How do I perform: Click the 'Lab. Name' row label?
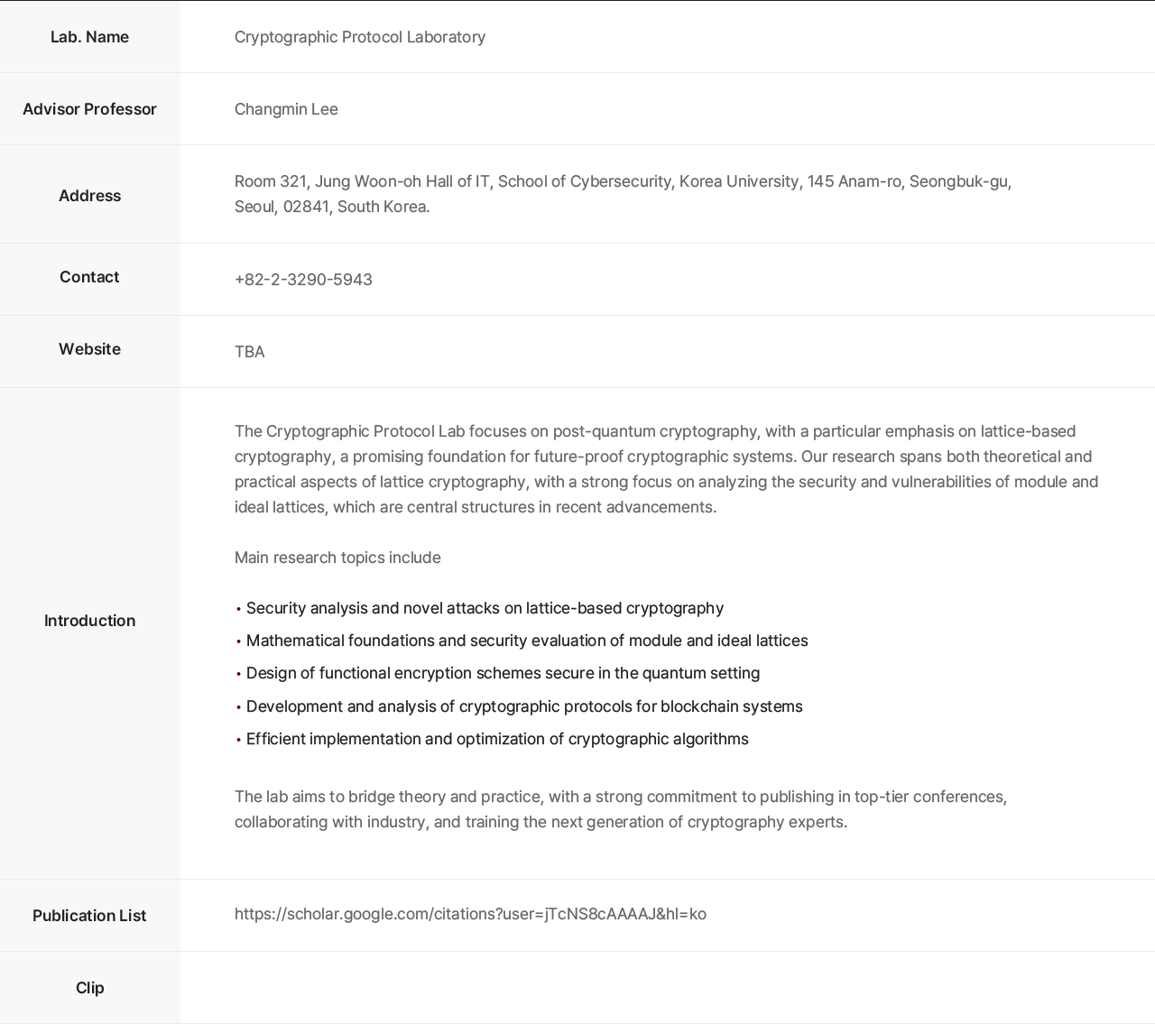pyautogui.click(x=89, y=37)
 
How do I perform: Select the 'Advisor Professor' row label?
pyautogui.click(x=89, y=109)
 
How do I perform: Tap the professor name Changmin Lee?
pyautogui.click(x=286, y=109)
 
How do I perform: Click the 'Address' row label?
pyautogui.click(x=89, y=196)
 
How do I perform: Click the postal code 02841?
pyautogui.click(x=305, y=207)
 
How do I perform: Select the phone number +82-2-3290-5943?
pyautogui.click(x=303, y=280)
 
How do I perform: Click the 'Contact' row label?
pyautogui.click(x=89, y=277)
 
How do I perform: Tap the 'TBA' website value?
pyautogui.click(x=249, y=352)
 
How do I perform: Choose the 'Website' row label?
pyautogui.click(x=89, y=349)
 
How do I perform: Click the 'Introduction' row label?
pyautogui.click(x=89, y=621)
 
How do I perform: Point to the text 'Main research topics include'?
pyautogui.click(x=337, y=558)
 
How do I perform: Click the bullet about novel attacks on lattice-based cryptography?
pyautogui.click(x=485, y=608)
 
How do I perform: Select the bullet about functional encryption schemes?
pyautogui.click(x=503, y=673)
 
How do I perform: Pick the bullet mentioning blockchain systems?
pyautogui.click(x=524, y=706)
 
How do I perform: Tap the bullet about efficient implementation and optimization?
pyautogui.click(x=497, y=739)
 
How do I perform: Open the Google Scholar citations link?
pyautogui.click(x=470, y=914)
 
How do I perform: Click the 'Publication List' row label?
pyautogui.click(x=89, y=916)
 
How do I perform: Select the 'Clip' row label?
pyautogui.click(x=89, y=988)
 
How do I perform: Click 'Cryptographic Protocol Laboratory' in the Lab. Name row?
pyautogui.click(x=360, y=37)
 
